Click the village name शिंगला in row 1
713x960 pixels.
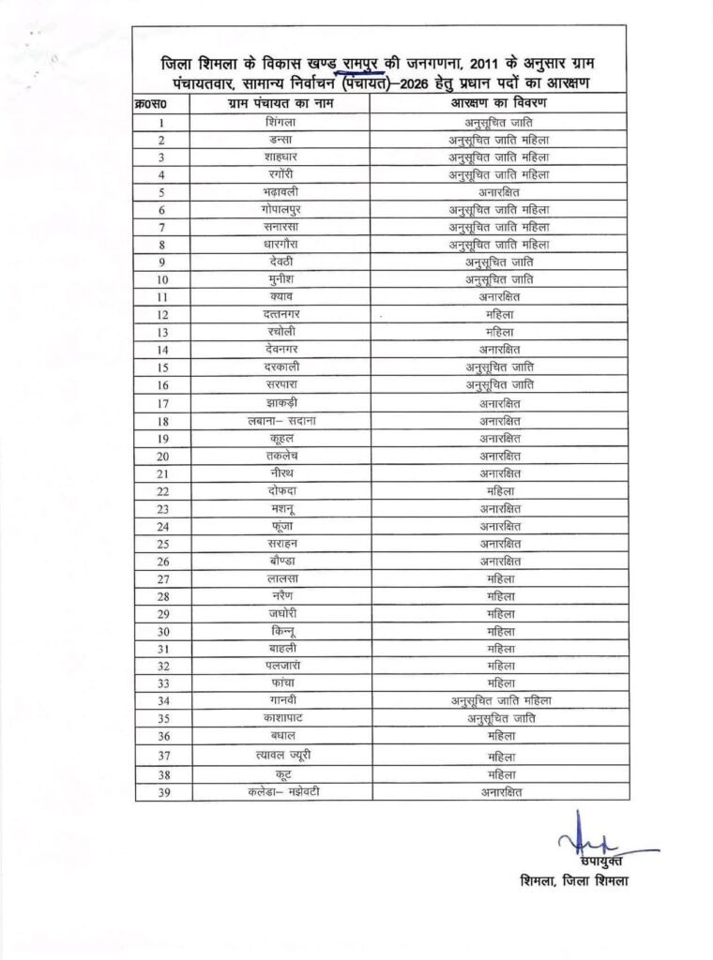pyautogui.click(x=281, y=123)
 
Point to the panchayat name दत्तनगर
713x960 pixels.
pyautogui.click(x=281, y=313)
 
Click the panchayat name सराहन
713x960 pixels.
pyautogui.click(x=281, y=543)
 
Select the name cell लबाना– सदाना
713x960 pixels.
pyautogui.click(x=281, y=421)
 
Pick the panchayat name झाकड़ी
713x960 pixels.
pyautogui.click(x=281, y=403)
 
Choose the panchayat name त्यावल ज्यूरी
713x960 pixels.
pyautogui.click(x=281, y=756)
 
